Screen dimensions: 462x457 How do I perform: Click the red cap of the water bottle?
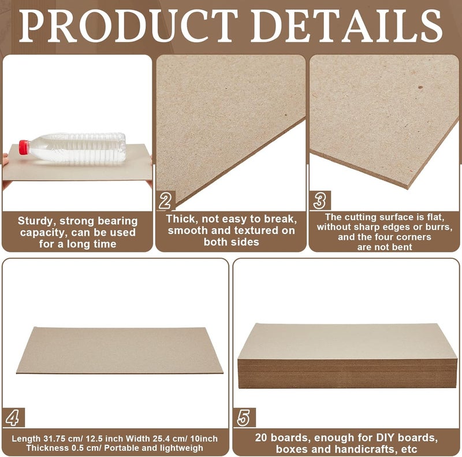click(24, 147)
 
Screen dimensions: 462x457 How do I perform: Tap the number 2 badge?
click(165, 201)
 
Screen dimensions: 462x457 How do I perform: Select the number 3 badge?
click(320, 200)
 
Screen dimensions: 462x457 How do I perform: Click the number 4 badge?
click(13, 418)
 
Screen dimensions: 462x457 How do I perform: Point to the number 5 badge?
click(244, 418)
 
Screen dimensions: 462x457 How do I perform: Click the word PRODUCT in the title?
click(128, 26)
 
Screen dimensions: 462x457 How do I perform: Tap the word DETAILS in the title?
click(346, 26)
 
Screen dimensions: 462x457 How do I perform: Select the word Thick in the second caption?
click(181, 219)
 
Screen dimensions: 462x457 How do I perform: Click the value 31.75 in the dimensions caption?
click(54, 439)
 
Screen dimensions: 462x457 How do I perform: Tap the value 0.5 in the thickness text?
click(76, 448)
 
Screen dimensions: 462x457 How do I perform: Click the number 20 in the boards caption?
click(262, 437)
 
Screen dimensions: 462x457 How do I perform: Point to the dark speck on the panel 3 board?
click(420, 87)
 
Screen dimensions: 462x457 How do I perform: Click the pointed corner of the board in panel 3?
click(408, 188)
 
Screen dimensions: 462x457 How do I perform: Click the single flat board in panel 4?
click(120, 350)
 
